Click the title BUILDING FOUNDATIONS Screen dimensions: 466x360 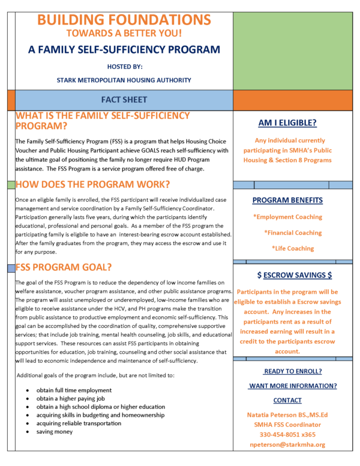point(124,20)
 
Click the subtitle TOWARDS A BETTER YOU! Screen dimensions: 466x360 point(124,34)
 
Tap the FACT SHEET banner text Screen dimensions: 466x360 point(124,99)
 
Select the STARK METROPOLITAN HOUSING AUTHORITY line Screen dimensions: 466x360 point(124,79)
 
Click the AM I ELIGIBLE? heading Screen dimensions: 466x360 point(287,123)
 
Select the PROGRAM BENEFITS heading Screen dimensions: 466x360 point(287,200)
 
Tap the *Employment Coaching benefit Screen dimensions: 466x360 point(287,217)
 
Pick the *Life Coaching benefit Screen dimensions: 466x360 point(292,248)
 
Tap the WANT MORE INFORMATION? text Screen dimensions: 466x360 point(292,386)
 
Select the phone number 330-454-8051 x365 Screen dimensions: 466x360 point(287,434)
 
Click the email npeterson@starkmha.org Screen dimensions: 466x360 point(287,445)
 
